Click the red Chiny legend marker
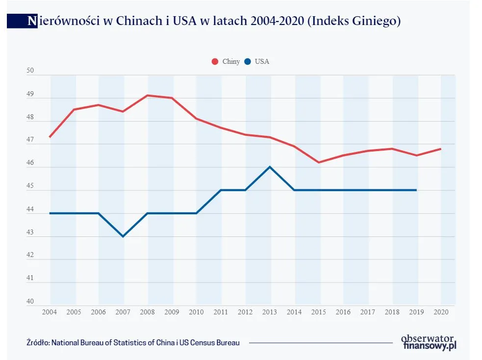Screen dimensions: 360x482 click(x=215, y=62)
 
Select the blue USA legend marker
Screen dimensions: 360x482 click(x=248, y=62)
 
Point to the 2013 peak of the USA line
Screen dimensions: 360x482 click(x=270, y=167)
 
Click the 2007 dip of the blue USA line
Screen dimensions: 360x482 click(x=123, y=236)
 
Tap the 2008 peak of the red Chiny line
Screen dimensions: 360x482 click(x=148, y=95)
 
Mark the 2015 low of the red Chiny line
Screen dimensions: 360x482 click(x=319, y=162)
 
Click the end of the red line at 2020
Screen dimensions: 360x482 click(x=441, y=149)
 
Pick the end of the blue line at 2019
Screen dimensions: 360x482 click(x=417, y=190)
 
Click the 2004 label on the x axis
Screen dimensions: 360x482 click(x=49, y=312)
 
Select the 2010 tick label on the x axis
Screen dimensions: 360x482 click(x=196, y=312)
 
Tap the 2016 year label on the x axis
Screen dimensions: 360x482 click(x=343, y=312)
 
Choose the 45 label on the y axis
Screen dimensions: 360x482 click(x=30, y=187)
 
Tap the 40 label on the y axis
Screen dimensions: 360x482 click(x=30, y=302)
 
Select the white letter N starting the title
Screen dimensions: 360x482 click(x=32, y=21)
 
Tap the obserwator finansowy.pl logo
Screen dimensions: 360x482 click(x=428, y=342)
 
